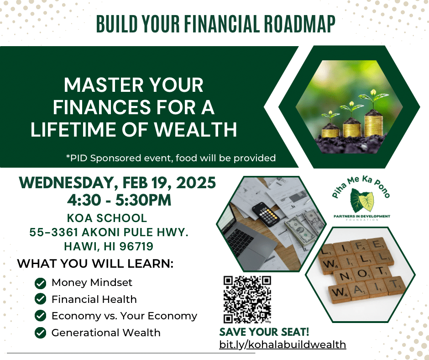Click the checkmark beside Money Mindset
coord(41,283)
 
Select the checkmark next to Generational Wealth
coord(41,333)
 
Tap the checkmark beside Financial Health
coord(41,299)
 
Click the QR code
coord(247,299)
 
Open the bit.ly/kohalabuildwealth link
coord(283,344)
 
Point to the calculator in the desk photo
coord(266,213)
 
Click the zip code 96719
coord(136,246)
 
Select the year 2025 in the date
coord(196,183)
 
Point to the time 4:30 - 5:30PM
coord(119,200)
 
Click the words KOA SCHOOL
coord(107,218)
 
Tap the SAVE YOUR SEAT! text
coord(264,332)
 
